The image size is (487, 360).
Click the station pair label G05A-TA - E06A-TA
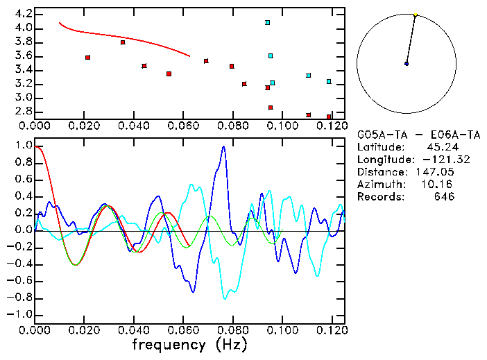[x=406, y=135]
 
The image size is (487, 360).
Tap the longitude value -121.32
[x=431, y=160]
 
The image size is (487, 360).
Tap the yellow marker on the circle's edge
[x=415, y=15]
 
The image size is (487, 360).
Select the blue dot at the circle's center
[x=407, y=64]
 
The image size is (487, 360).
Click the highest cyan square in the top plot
[x=267, y=22]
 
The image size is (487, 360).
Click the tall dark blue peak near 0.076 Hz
[x=223, y=146]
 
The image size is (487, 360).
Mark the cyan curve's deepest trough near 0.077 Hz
[x=225, y=298]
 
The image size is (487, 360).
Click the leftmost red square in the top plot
[x=87, y=58]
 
